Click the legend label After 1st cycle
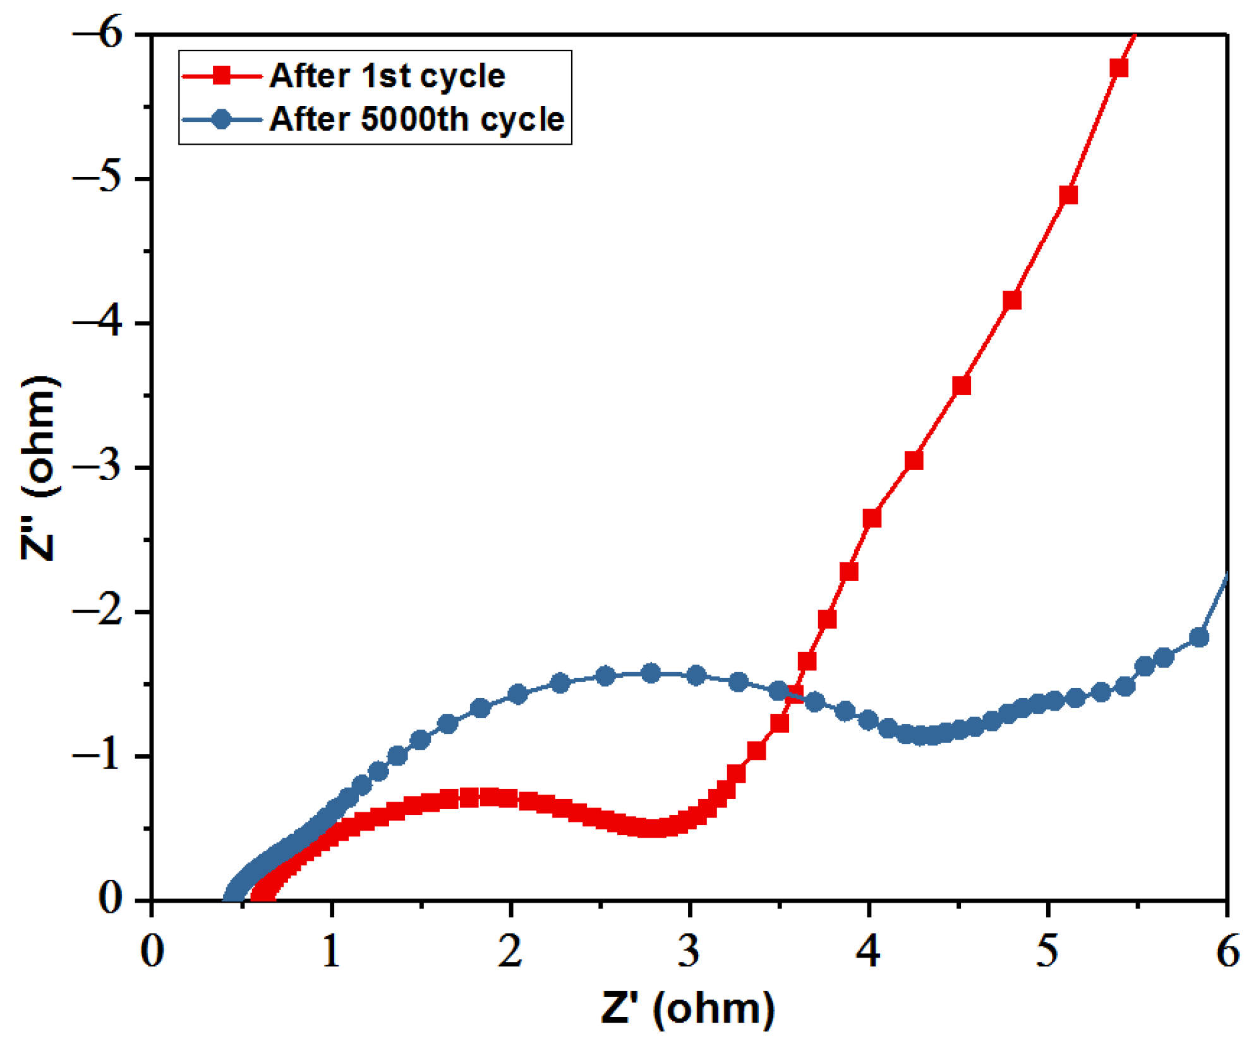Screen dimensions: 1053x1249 (x=387, y=76)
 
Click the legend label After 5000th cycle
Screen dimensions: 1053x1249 (x=416, y=119)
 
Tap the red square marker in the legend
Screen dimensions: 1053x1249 (x=222, y=76)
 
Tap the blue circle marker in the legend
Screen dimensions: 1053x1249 (x=222, y=119)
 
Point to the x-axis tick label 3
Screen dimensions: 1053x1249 (x=689, y=951)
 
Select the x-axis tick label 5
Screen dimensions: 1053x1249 (x=1047, y=951)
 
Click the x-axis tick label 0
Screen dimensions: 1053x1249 (x=152, y=951)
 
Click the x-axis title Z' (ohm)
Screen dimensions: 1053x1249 (x=687, y=1008)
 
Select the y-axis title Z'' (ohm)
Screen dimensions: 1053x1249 (x=39, y=467)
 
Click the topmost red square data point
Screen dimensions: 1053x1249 (x=1119, y=68)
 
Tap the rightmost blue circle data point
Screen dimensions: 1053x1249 (x=1198, y=637)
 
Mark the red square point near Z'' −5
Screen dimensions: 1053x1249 (x=1068, y=195)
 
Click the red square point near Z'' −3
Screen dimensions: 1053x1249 (x=914, y=460)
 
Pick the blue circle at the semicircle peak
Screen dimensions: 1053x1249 (x=651, y=673)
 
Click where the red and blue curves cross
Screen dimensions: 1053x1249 (x=797, y=695)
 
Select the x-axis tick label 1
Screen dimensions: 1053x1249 (x=330, y=951)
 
